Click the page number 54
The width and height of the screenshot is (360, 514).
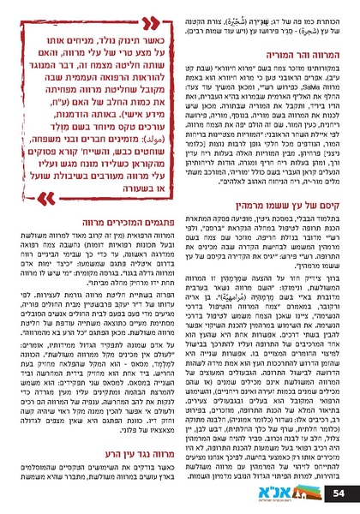338,493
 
